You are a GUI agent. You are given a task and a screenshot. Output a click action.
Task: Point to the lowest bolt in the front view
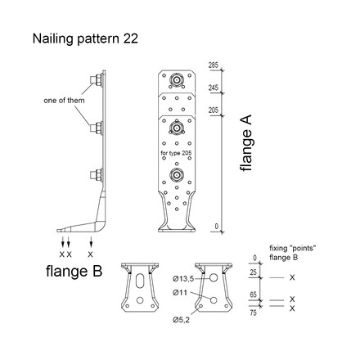(x=175, y=175)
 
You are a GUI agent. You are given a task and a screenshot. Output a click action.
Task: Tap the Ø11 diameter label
(x=181, y=290)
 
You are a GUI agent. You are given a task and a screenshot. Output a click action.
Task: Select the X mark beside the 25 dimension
(x=292, y=279)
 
